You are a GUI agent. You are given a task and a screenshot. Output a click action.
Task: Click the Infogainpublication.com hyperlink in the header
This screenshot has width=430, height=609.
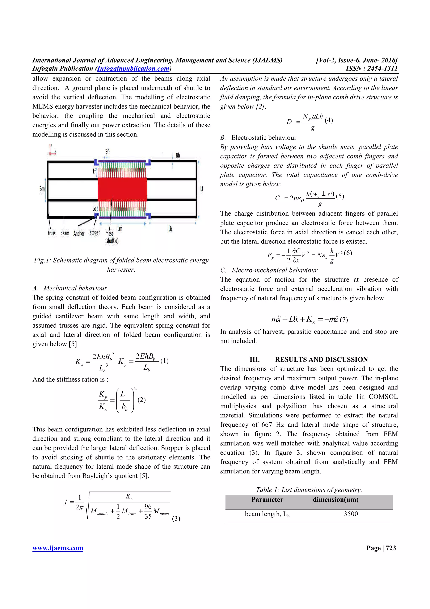[133, 69]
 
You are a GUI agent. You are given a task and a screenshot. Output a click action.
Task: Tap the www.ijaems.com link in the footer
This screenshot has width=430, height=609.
[58, 548]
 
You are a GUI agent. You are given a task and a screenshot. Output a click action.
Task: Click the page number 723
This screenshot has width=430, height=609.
[391, 548]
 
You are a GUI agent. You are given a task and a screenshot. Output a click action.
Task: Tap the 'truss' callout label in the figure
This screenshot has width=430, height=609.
[52, 233]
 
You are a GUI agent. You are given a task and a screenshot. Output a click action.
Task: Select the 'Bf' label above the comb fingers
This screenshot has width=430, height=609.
[107, 152]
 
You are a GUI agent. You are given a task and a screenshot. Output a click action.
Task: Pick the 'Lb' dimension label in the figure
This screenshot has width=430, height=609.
[170, 229]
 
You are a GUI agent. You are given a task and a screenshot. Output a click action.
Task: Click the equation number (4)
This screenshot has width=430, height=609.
[329, 120]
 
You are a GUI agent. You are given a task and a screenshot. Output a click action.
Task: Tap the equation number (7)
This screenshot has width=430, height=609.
[344, 320]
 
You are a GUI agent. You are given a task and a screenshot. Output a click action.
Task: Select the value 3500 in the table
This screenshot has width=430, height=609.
[350, 514]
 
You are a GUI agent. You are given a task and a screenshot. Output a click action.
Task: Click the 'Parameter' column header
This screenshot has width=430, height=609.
[267, 500]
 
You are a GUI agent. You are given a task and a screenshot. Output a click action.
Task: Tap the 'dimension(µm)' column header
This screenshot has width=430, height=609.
[336, 500]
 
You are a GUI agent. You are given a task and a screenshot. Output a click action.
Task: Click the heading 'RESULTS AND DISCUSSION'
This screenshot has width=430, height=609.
[321, 359]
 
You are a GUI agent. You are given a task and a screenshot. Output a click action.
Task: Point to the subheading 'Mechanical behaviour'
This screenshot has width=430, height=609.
[75, 288]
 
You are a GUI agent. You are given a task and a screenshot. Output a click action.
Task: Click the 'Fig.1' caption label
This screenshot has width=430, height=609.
[42, 260]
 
